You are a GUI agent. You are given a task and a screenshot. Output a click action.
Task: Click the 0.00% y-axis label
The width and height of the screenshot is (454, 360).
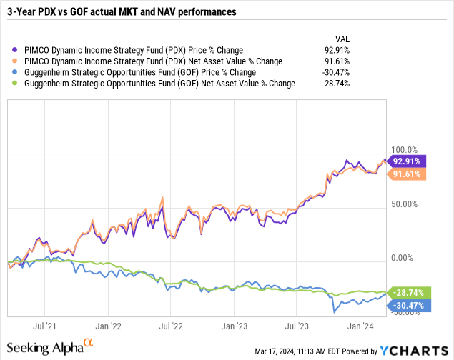click(x=404, y=258)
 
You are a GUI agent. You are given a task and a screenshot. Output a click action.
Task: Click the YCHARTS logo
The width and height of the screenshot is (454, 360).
click(x=415, y=350)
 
